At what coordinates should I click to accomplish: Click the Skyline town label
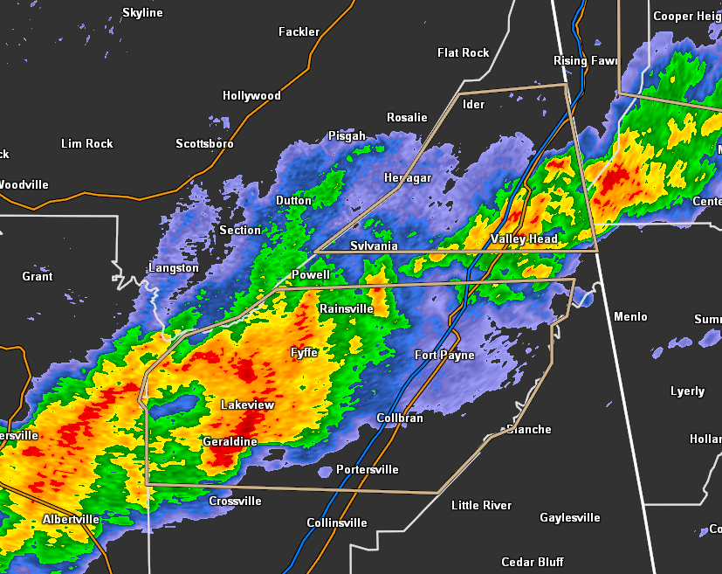142,12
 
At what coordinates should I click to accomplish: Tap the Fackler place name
299,31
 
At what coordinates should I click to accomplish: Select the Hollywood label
251,95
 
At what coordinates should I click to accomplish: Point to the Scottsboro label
204,143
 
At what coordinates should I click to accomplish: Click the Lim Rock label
87,143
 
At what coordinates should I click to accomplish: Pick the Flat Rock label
463,52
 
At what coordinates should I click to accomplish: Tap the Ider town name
473,104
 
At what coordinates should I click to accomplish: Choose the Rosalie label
407,117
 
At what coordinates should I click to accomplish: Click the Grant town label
38,276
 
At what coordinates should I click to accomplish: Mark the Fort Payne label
444,355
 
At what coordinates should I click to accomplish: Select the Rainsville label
346,308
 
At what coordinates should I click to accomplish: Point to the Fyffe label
304,352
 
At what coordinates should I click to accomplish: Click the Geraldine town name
230,441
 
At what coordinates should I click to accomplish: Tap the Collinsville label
337,522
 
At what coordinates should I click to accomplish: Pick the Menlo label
630,316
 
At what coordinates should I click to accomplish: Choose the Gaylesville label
569,517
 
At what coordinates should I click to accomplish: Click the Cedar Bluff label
532,562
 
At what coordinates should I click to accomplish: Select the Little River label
481,505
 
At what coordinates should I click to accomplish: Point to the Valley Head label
524,239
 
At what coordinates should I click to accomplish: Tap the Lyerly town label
687,391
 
